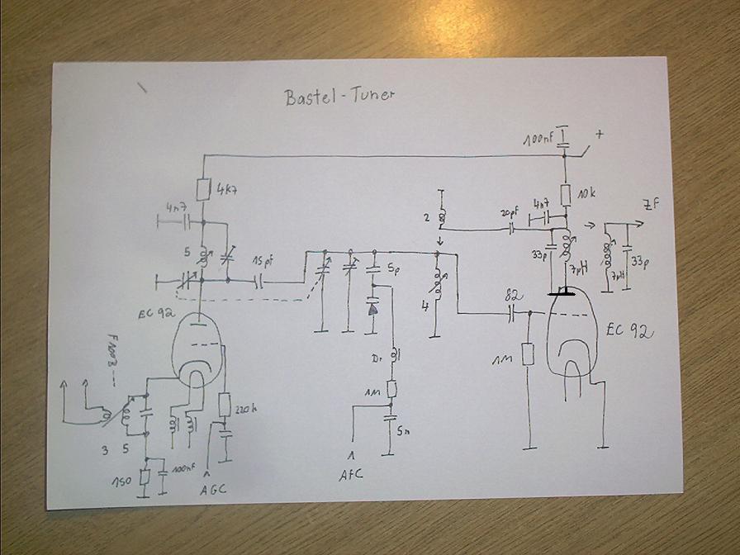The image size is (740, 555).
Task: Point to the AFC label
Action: (x=350, y=475)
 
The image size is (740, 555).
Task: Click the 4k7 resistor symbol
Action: (x=202, y=189)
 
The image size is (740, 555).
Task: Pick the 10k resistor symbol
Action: (x=566, y=195)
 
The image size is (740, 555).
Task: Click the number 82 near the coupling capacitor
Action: (x=512, y=295)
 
